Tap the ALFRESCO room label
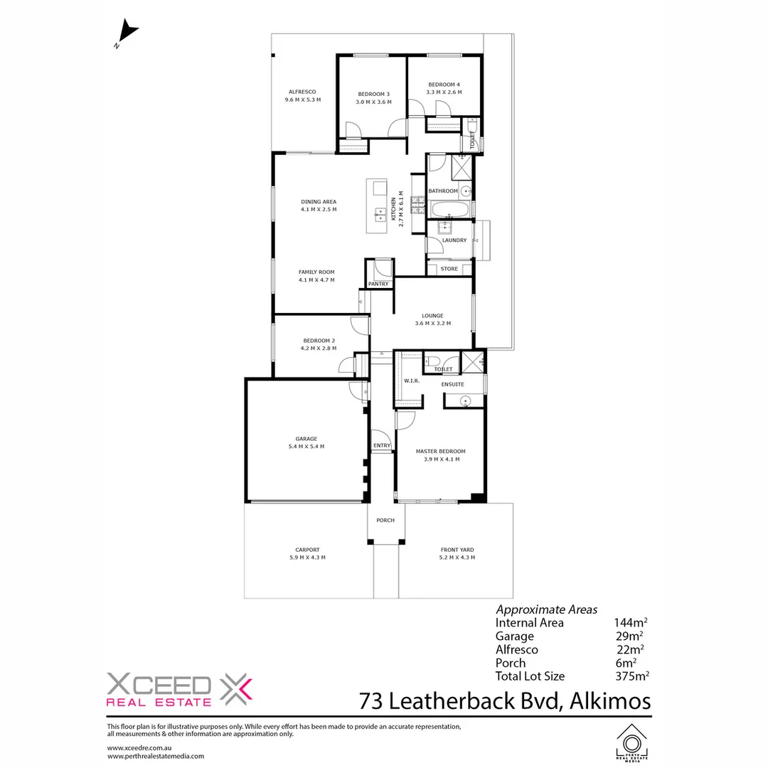point(302,92)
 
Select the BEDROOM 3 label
point(373,94)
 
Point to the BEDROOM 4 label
point(444,85)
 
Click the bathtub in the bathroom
point(450,210)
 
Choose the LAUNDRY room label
point(454,240)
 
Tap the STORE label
point(449,269)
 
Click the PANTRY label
point(378,284)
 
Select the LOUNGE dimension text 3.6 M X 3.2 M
point(432,324)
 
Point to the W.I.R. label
point(412,381)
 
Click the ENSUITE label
point(452,385)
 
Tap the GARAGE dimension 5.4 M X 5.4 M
point(306,447)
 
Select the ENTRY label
point(382,446)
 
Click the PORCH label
point(385,521)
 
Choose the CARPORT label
point(307,550)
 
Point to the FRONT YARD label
point(457,550)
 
